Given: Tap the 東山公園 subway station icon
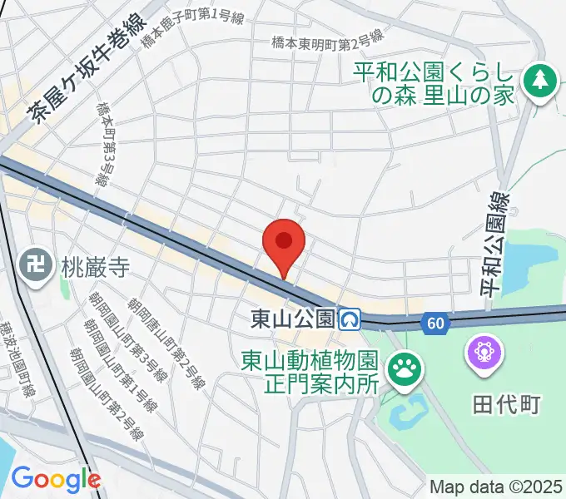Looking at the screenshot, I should pyautogui.click(x=350, y=319).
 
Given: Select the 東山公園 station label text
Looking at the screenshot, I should pyautogui.click(x=294, y=319).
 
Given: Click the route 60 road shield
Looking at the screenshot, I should pyautogui.click(x=432, y=324).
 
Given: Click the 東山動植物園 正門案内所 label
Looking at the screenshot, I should pyautogui.click(x=310, y=372).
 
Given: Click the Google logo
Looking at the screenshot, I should pyautogui.click(x=56, y=479).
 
